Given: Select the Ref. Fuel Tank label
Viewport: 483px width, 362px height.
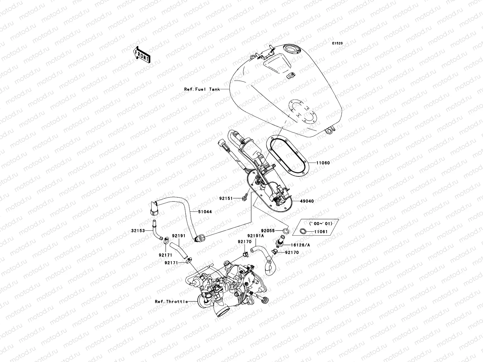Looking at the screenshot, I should tap(202, 89).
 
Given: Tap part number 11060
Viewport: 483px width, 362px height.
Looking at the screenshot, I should tap(323, 163).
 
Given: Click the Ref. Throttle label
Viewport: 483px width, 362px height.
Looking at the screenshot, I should tap(171, 301).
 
